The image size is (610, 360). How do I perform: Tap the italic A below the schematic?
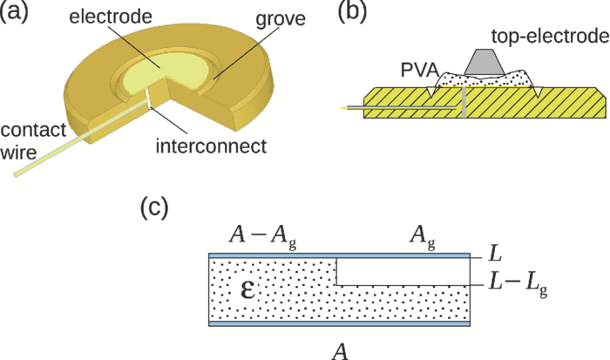point(342,349)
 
